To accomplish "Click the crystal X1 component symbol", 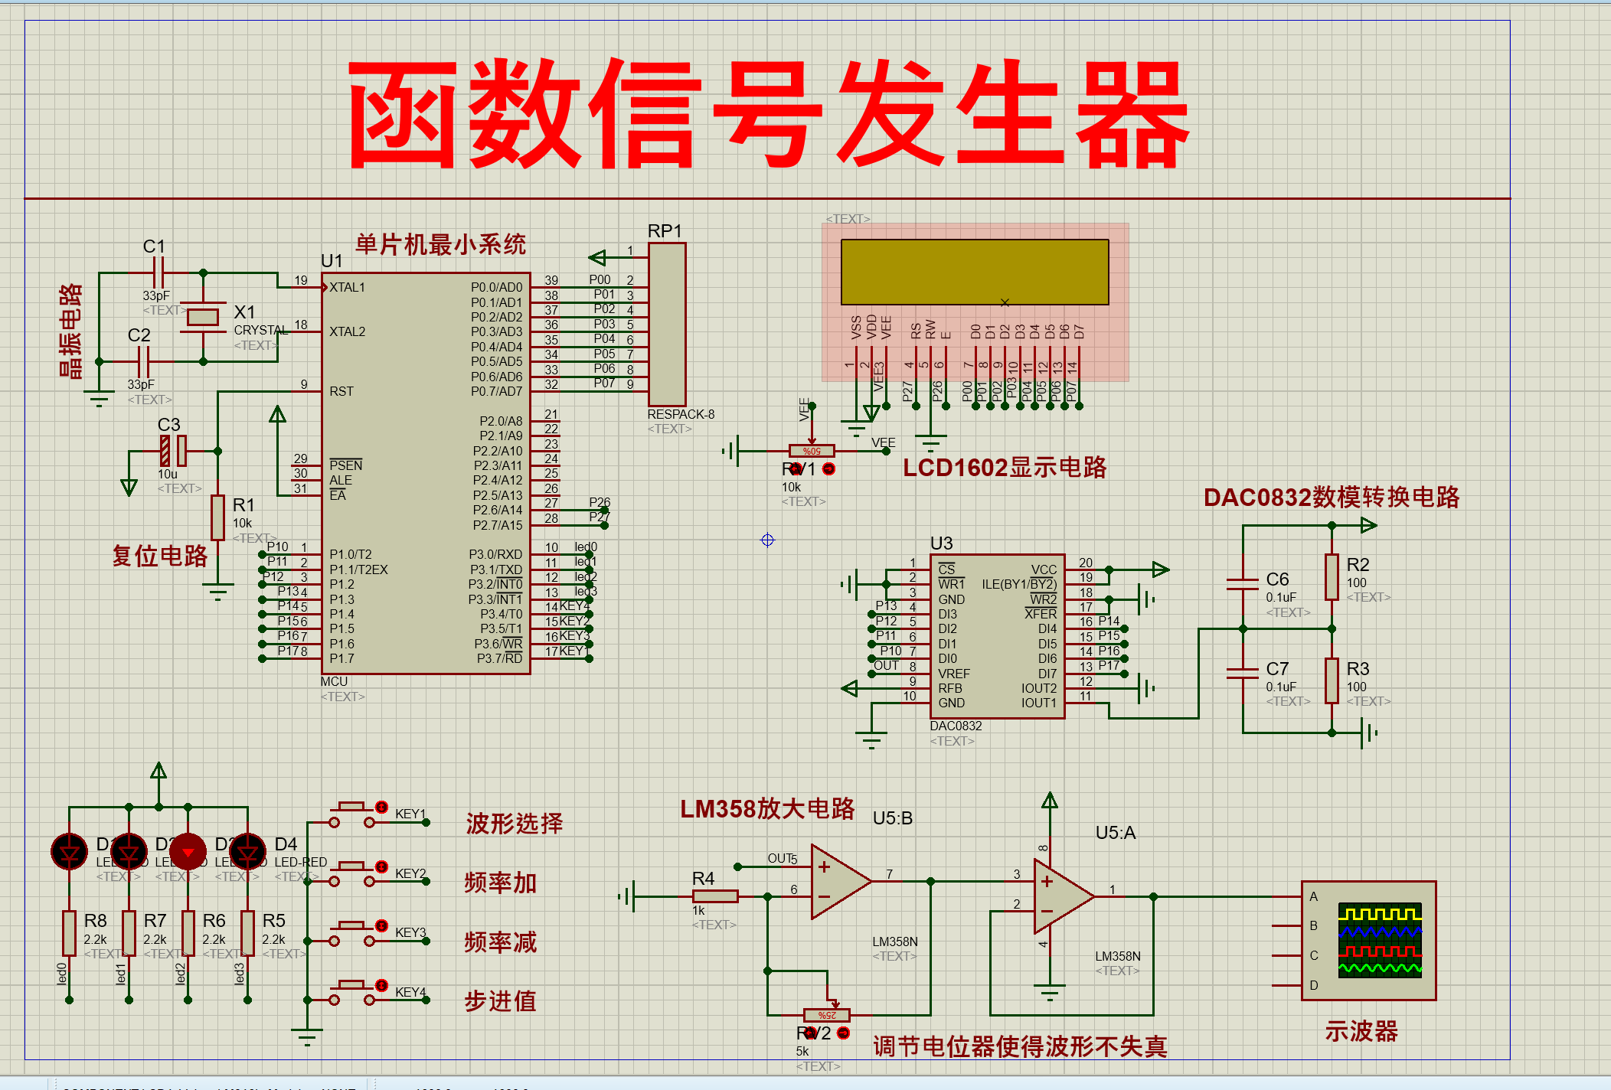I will tap(203, 317).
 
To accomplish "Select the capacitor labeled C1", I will tap(158, 272).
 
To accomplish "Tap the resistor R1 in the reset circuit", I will tap(218, 517).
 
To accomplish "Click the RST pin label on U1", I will tap(341, 391).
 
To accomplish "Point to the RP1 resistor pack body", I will tap(667, 325).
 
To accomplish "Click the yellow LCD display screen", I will tap(974, 272).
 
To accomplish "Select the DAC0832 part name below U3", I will tap(956, 726).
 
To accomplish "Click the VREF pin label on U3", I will tap(954, 674).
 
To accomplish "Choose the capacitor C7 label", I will tap(1277, 669).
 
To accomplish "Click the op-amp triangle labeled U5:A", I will tap(1062, 896).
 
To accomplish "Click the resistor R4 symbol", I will tap(715, 896).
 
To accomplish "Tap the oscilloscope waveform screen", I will tap(1380, 940).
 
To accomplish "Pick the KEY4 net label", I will tap(410, 992).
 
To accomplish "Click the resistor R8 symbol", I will tap(70, 933).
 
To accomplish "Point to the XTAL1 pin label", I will tap(348, 287).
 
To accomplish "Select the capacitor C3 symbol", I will tap(173, 451).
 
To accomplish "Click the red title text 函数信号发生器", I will tap(768, 113).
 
